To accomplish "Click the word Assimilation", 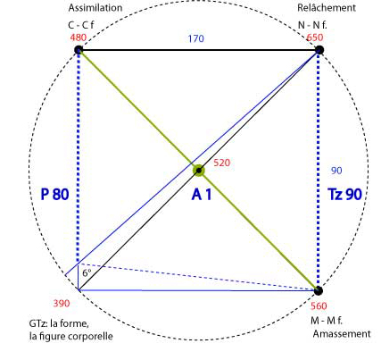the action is point(95,8).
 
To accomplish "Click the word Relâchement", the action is point(327,8).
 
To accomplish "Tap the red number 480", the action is point(79,38).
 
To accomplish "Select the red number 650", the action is point(315,38).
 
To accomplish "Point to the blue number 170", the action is point(195,38).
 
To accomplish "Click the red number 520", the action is point(222,163).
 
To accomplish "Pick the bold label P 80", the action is point(54,194).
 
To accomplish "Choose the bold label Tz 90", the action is point(344,194).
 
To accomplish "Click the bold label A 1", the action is point(202,195).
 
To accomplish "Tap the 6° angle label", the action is point(87,272).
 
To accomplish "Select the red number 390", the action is point(62,304).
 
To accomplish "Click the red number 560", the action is point(319,306).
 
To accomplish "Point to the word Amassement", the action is point(342,334).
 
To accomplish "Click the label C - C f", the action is point(81,25).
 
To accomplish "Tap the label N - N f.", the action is point(312,25).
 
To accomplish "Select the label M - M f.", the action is point(327,321).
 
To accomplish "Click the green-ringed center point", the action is point(199,171).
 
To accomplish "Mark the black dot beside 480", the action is point(79,50).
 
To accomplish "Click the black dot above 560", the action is point(318,290).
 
